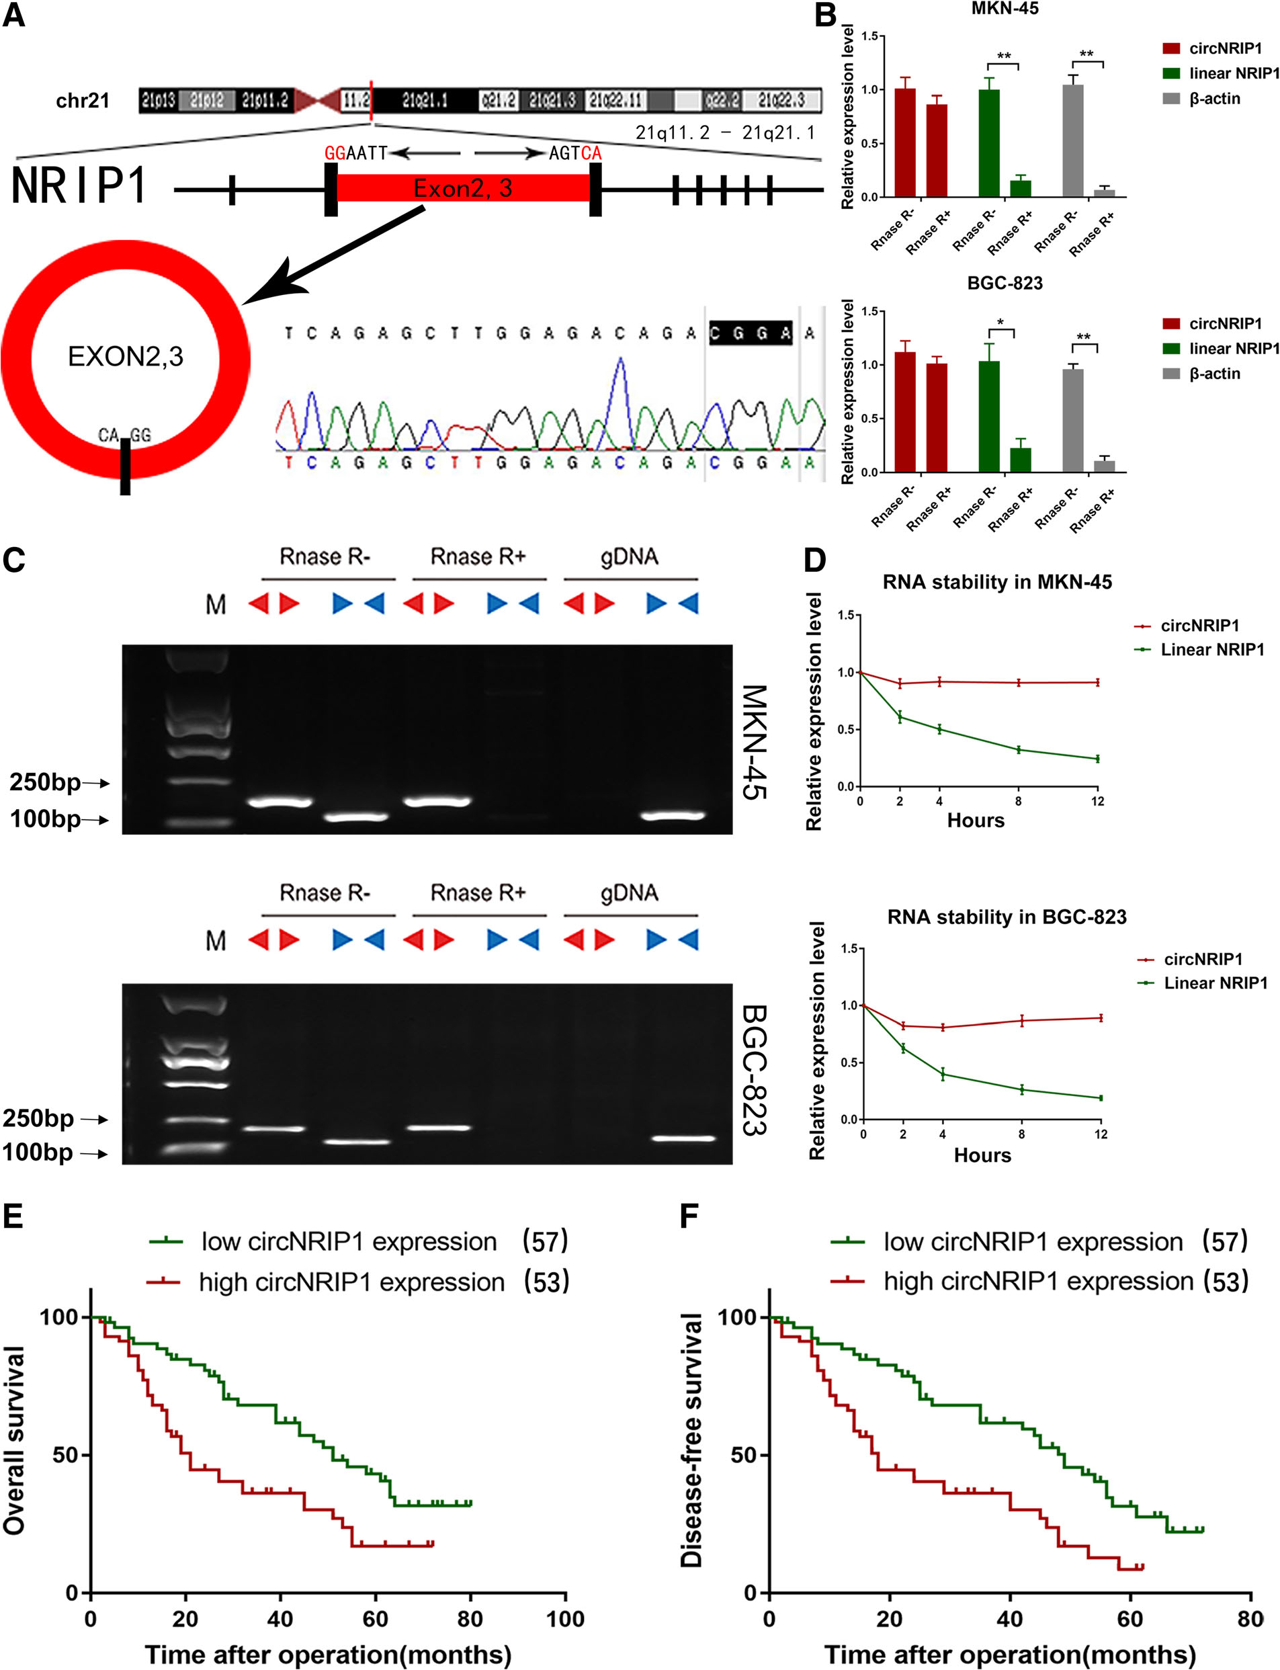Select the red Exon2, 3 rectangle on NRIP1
(462, 187)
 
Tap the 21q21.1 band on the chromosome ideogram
(425, 100)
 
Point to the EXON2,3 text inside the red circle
(126, 357)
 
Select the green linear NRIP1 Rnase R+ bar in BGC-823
(1021, 460)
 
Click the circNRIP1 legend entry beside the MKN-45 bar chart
(1224, 49)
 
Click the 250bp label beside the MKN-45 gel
(46, 782)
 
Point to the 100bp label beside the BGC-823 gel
(38, 1152)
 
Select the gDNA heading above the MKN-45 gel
(630, 557)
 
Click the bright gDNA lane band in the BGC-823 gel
(683, 1138)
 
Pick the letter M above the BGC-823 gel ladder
(216, 940)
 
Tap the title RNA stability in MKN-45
(996, 582)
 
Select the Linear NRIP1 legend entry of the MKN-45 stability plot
(1211, 650)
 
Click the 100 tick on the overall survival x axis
(565, 1618)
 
